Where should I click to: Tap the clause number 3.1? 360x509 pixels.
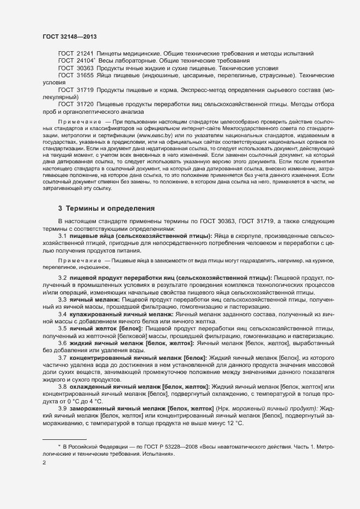point(62,235)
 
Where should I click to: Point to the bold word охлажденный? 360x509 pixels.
point(91,386)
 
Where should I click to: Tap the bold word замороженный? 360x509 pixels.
point(94,408)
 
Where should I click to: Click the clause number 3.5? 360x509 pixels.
point(62,328)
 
